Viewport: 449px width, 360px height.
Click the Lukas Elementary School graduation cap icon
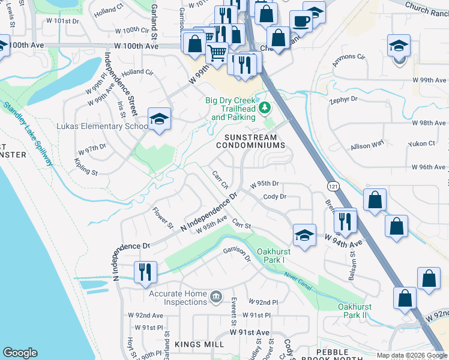[x=160, y=119]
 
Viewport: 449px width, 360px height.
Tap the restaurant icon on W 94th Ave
[x=345, y=220]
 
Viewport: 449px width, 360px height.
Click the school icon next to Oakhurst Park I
[x=305, y=235]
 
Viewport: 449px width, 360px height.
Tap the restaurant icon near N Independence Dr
[x=145, y=272]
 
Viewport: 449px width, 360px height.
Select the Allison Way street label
[x=367, y=145]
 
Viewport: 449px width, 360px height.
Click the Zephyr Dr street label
[x=343, y=99]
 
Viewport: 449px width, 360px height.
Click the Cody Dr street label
[x=274, y=196]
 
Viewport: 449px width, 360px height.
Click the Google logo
[x=20, y=353]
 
